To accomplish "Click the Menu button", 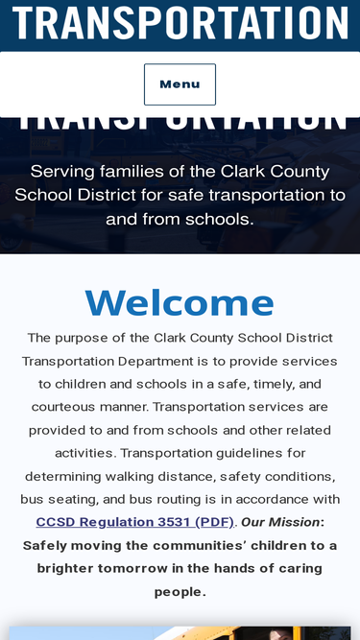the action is click(x=180, y=84).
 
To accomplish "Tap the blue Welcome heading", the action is click(x=180, y=302).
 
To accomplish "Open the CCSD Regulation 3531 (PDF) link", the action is click(x=134, y=522).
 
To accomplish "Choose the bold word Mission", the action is click(x=295, y=522).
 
